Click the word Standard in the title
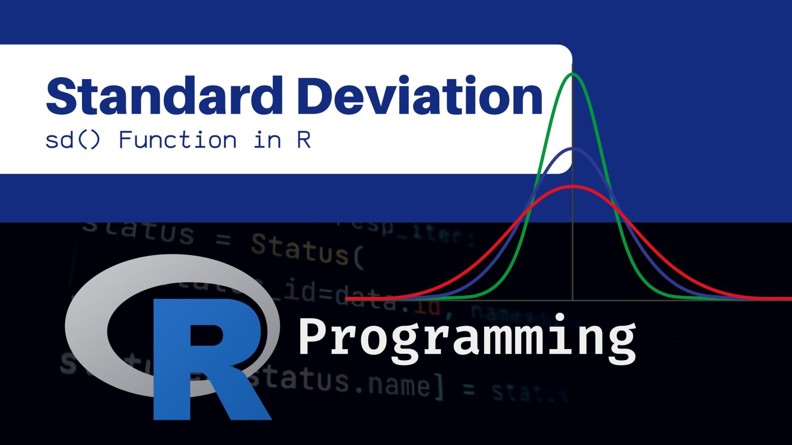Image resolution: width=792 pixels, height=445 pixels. (x=164, y=96)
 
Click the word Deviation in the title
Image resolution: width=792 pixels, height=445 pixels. (x=420, y=96)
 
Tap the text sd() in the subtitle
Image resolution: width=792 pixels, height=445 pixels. (x=73, y=140)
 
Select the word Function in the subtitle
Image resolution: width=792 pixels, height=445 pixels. (x=178, y=140)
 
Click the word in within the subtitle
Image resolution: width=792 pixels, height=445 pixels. (x=267, y=140)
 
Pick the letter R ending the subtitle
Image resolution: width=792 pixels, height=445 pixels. (x=304, y=140)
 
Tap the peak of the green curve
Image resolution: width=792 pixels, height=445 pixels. (x=573, y=74)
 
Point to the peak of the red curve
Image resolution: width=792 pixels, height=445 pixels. (x=573, y=187)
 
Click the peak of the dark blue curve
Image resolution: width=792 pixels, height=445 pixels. (x=573, y=148)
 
